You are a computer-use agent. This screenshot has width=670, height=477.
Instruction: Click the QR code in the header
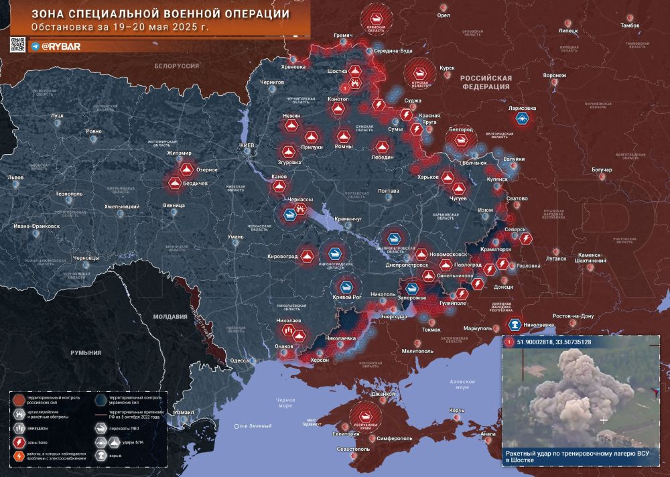point(17,45)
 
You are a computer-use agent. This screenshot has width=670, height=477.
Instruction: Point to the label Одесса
point(241,360)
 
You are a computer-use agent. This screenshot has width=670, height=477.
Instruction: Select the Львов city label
point(15,178)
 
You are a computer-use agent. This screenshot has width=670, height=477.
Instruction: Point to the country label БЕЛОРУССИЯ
point(177,66)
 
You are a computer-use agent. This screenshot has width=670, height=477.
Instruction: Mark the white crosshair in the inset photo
point(604,420)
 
